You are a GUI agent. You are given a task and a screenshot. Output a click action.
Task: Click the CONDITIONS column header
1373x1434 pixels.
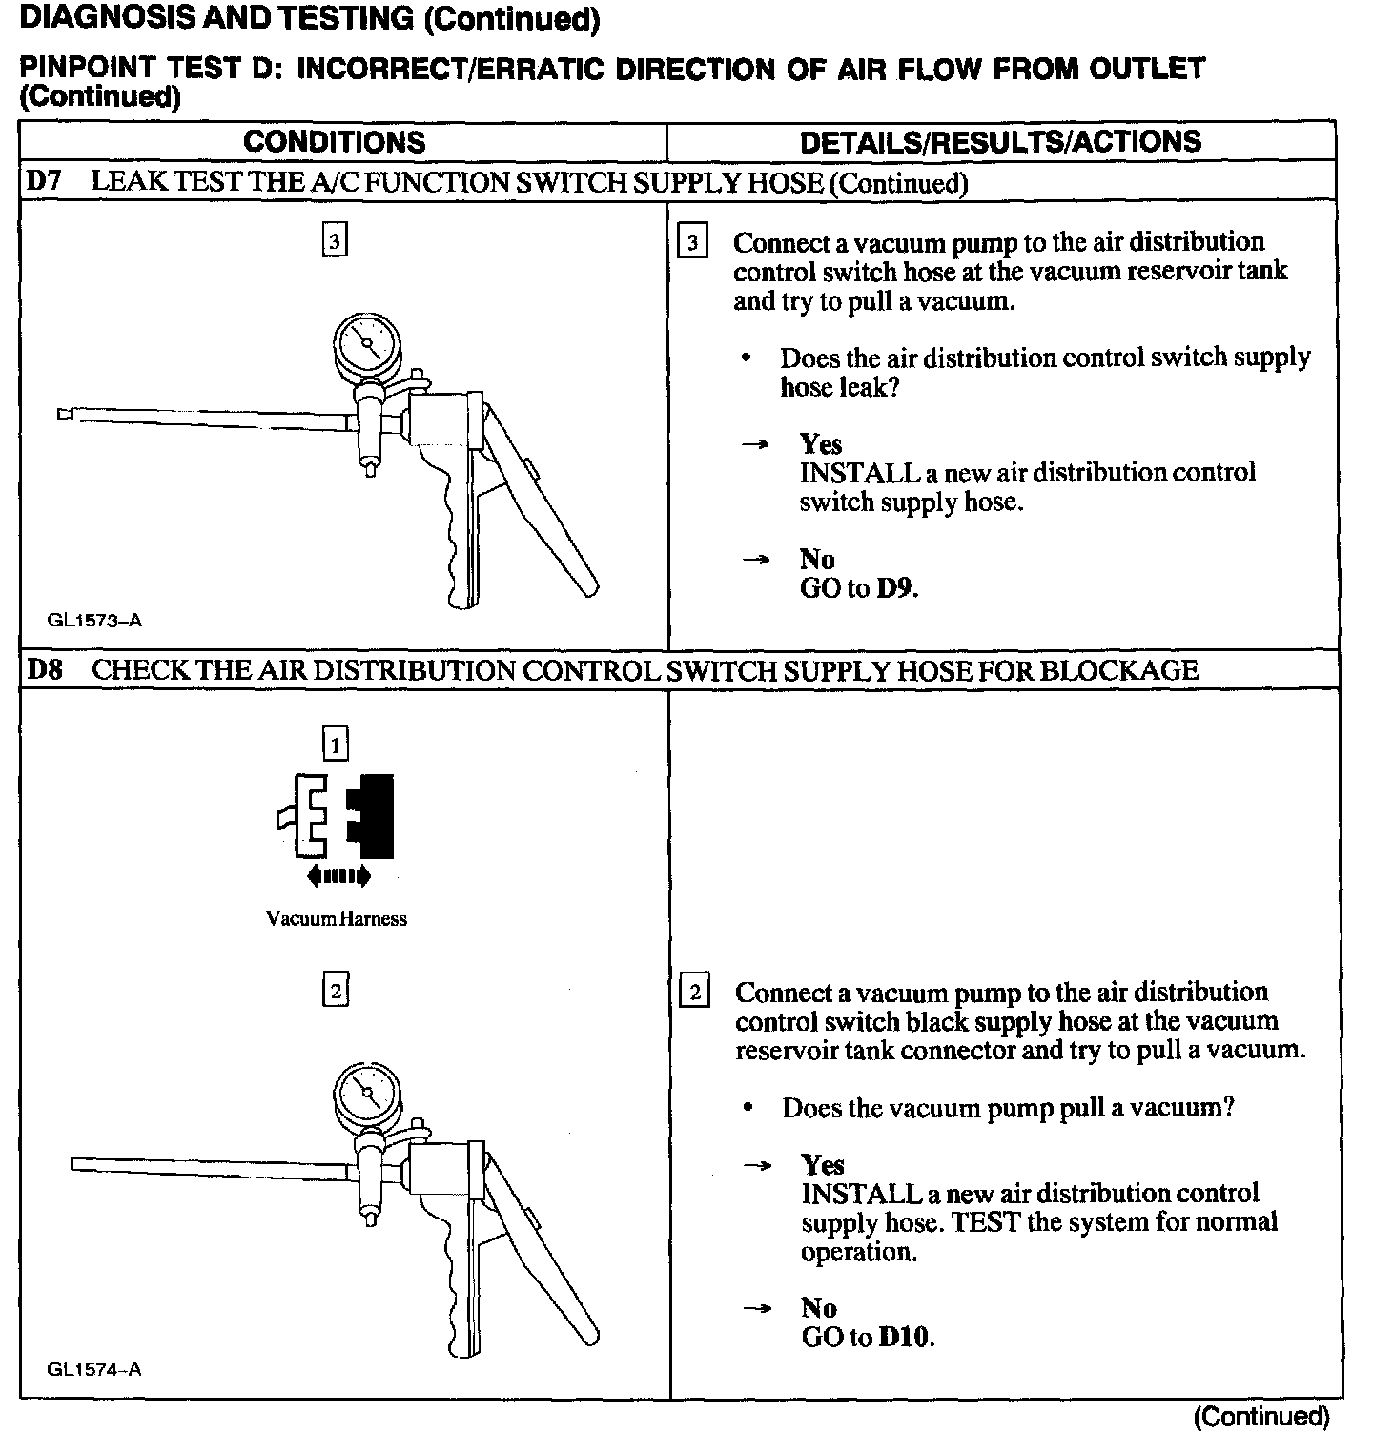335,142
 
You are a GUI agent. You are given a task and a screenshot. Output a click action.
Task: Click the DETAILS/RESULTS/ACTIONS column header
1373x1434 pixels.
1000,142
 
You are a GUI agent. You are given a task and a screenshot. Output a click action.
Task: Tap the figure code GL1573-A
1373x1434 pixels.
94,621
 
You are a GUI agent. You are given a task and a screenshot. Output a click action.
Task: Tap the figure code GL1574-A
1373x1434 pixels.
94,1370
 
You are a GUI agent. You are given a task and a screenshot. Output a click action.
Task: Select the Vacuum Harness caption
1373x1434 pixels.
337,919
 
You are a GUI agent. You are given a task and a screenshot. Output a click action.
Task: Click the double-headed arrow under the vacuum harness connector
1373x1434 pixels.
338,875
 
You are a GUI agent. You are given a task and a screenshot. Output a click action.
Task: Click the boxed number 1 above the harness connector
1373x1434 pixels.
336,744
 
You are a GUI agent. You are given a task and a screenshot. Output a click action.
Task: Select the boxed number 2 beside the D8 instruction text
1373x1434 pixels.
695,994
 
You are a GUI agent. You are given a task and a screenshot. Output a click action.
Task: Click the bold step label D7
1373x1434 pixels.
44,182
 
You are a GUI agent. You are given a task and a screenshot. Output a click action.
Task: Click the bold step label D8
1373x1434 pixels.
45,670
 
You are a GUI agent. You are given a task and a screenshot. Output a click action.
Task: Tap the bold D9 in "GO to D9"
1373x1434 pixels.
896,588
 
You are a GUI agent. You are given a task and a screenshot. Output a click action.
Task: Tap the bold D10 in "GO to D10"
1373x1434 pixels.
906,1338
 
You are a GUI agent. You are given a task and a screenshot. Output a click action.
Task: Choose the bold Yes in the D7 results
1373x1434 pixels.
821,444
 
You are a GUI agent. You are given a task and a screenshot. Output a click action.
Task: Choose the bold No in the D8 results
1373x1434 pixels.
819,1308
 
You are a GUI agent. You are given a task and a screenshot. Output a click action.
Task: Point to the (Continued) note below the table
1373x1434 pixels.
1260,1416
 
